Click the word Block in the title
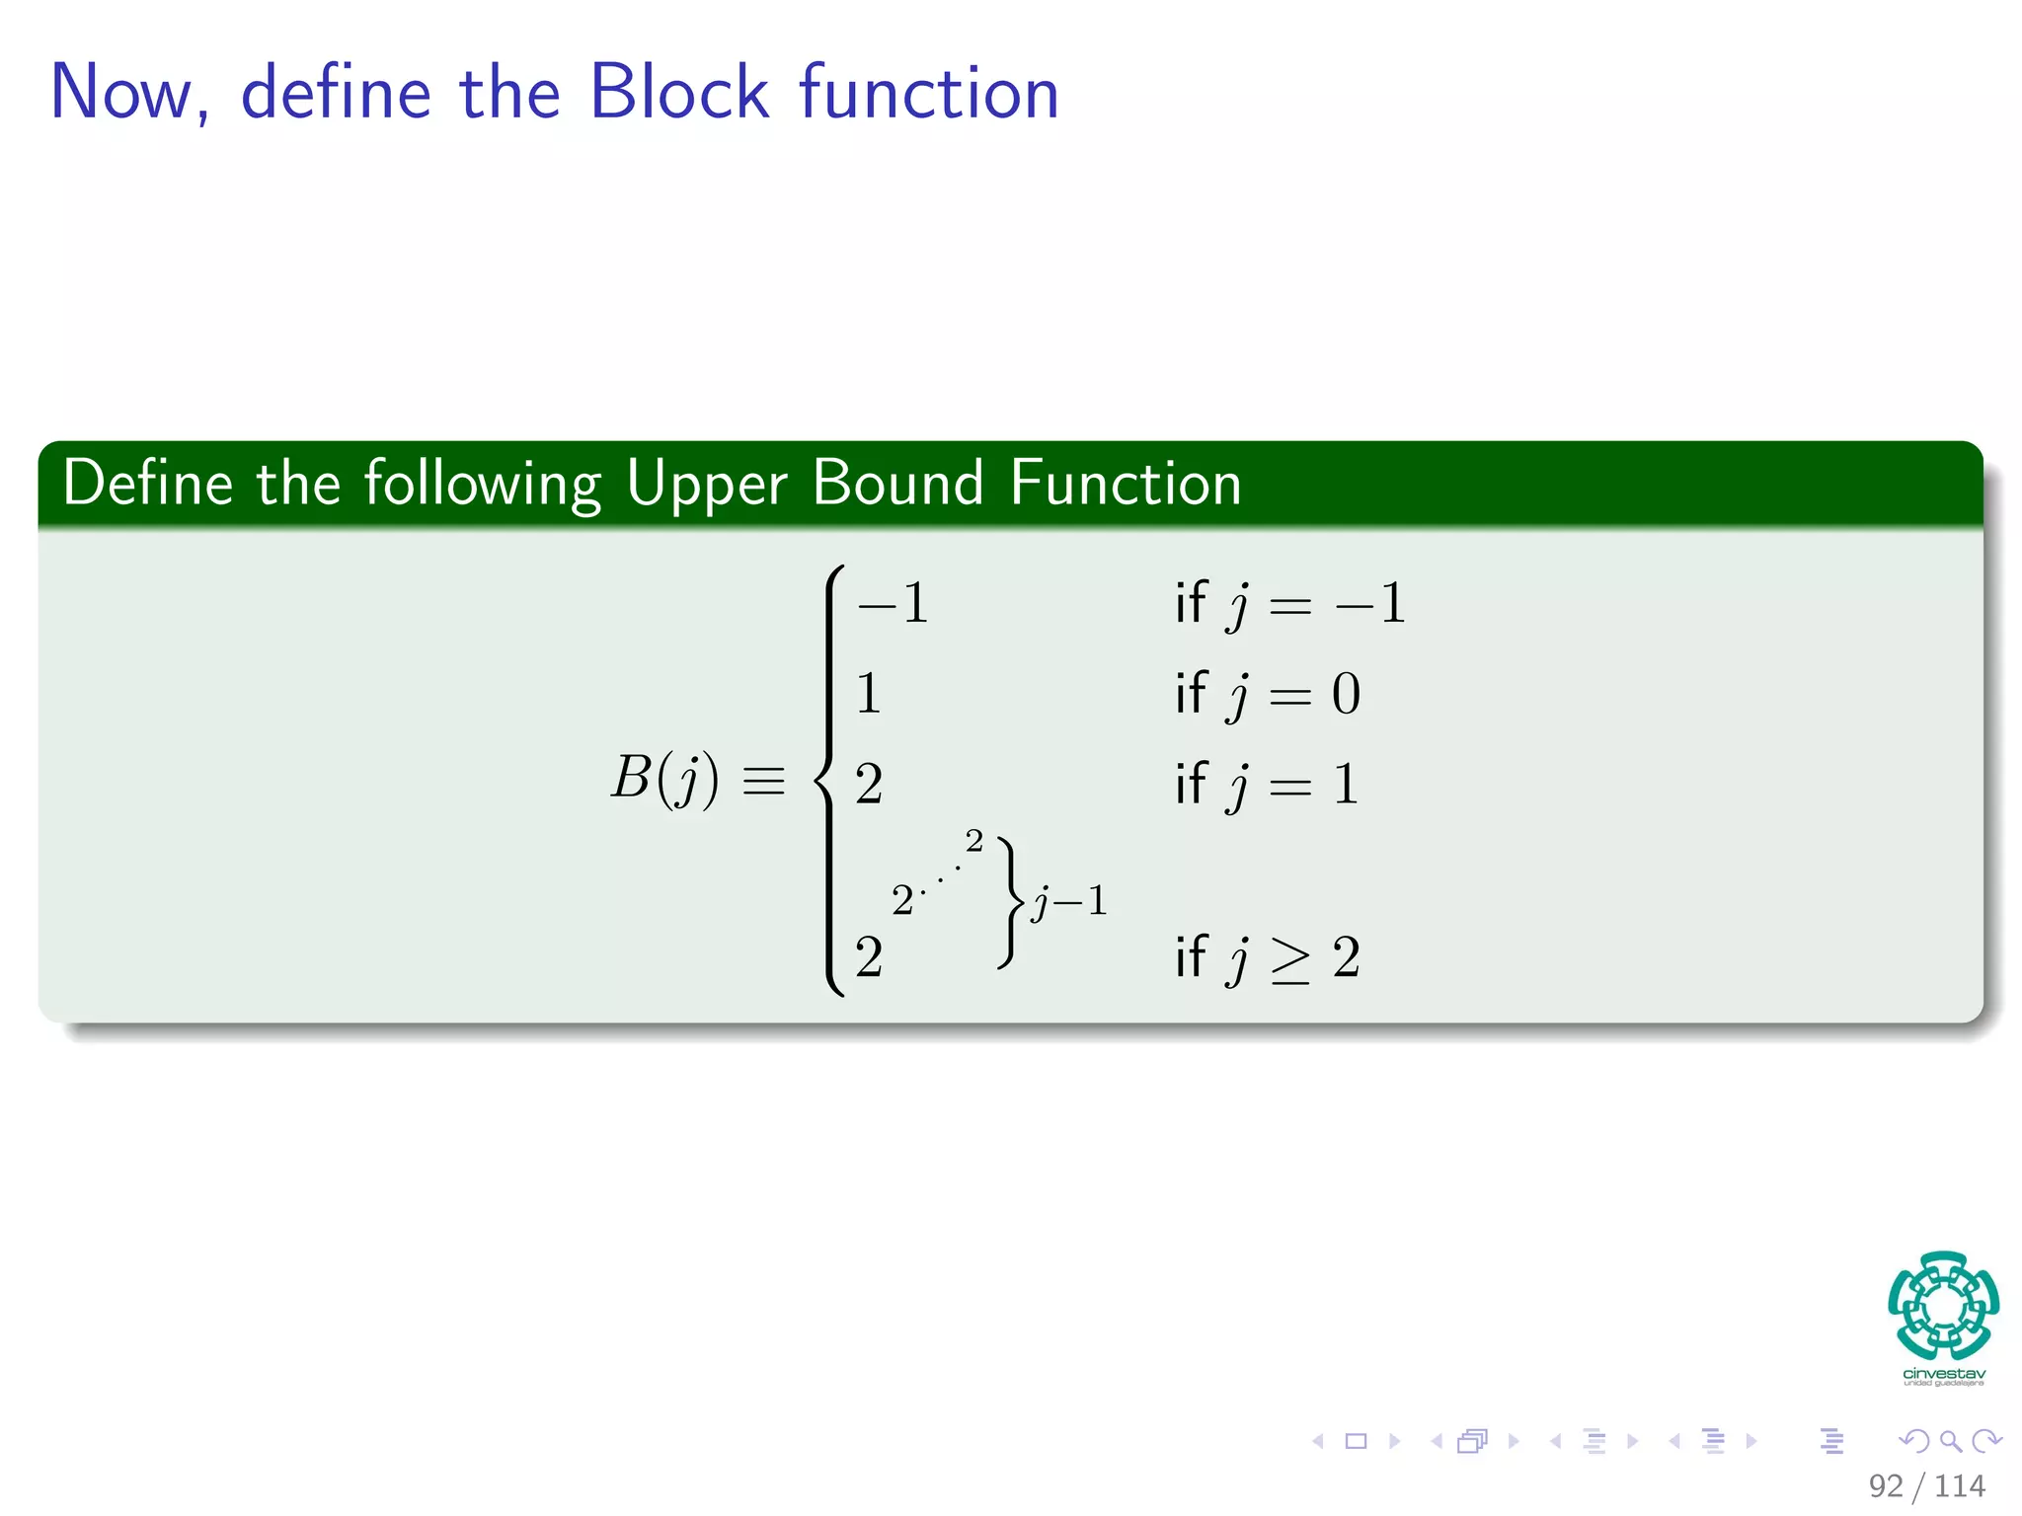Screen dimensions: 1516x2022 [678, 92]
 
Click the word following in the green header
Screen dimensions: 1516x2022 [483, 486]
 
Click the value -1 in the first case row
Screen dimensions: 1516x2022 [894, 603]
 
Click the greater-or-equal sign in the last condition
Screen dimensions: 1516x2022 [1290, 959]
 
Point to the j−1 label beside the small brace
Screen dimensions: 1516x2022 [1069, 901]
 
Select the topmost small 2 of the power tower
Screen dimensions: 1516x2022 [974, 841]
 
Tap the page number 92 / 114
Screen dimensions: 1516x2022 [1926, 1485]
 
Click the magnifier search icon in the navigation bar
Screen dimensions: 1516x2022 [1950, 1441]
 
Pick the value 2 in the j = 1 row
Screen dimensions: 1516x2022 [869, 785]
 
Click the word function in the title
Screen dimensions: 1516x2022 [928, 92]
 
